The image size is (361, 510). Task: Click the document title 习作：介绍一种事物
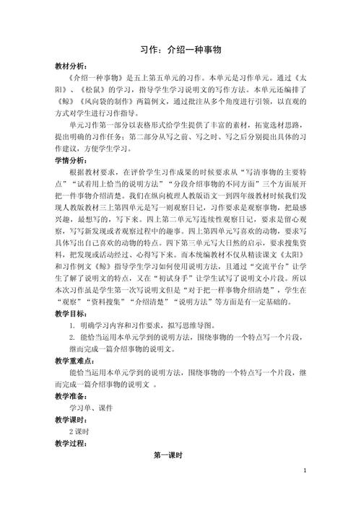coord(180,50)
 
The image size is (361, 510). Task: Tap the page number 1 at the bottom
coord(305,491)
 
